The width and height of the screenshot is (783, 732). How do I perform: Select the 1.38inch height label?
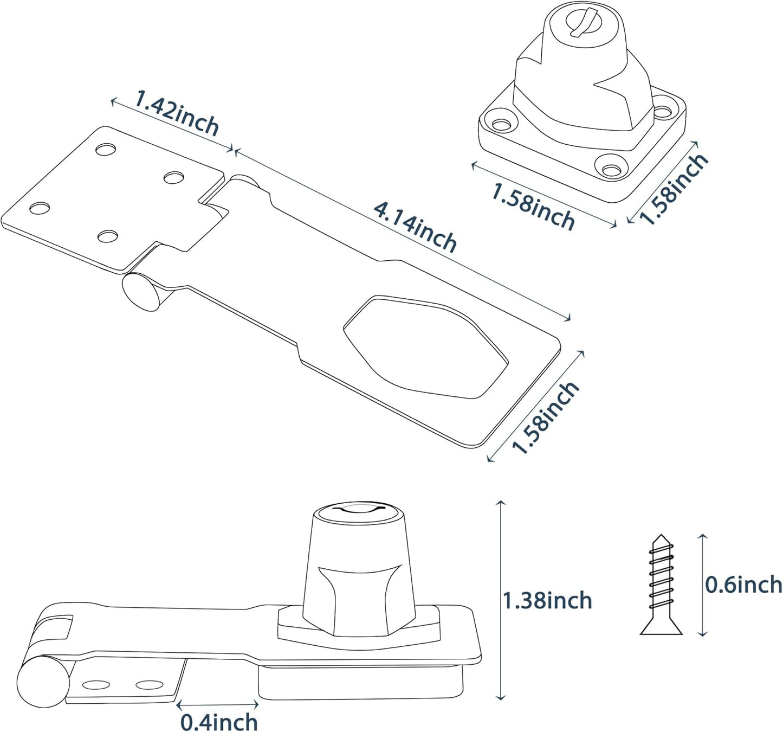[547, 601]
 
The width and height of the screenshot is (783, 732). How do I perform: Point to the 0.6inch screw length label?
[743, 585]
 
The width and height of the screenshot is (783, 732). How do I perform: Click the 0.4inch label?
[218, 722]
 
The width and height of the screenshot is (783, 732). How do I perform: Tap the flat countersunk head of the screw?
[661, 631]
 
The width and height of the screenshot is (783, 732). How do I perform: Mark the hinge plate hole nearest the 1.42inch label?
[106, 148]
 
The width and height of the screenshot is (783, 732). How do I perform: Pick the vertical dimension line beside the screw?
[702, 585]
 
